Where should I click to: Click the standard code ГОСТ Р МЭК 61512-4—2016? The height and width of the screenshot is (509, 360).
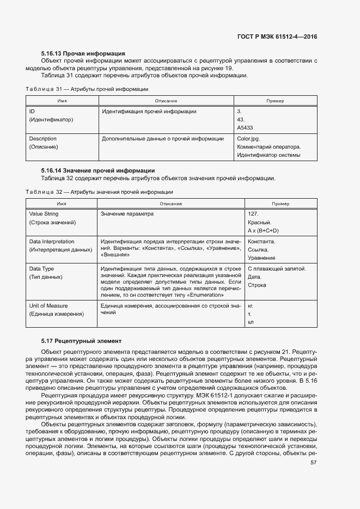(277, 36)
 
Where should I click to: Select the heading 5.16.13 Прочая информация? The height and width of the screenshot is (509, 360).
(83, 53)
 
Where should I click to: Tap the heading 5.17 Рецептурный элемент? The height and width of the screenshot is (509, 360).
(81, 341)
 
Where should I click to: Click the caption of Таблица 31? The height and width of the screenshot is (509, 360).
(87, 88)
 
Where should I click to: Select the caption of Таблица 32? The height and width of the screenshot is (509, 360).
(100, 192)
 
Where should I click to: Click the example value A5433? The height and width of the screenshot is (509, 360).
(245, 127)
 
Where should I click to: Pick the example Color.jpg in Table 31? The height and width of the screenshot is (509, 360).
(249, 139)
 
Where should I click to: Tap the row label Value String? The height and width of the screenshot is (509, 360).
(44, 214)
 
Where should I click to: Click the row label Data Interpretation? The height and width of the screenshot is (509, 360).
(52, 241)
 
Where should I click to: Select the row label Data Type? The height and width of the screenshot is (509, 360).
(41, 268)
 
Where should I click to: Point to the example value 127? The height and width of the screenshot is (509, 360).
(253, 214)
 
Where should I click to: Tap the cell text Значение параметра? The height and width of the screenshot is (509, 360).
(127, 214)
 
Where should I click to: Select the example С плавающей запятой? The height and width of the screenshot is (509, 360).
(277, 268)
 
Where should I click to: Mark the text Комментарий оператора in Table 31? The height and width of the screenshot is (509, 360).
(269, 147)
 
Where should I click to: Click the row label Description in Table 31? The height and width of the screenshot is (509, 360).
(42, 139)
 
